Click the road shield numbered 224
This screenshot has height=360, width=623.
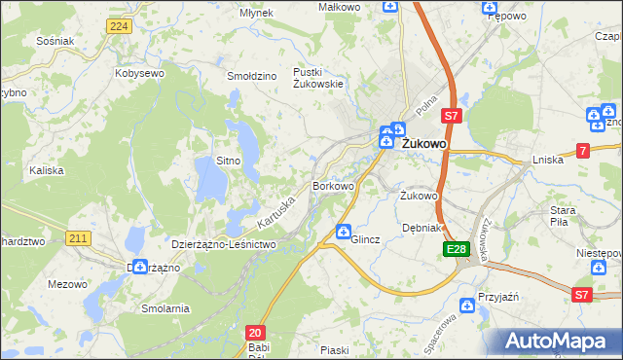point(119,26)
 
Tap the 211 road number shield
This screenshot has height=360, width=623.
point(79,238)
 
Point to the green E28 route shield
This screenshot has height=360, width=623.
point(458,250)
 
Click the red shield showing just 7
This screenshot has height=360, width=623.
point(582,150)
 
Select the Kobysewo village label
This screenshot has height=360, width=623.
point(138,73)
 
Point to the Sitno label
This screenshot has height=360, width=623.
point(228,159)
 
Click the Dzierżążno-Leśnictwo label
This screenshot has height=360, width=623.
point(224,244)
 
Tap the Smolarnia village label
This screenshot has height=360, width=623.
point(165,307)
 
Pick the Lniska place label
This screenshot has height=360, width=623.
point(548,160)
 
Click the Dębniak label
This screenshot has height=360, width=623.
point(422,228)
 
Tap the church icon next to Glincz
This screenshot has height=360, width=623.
point(344,232)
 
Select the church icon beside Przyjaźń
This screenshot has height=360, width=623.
point(468,307)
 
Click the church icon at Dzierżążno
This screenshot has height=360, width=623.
point(140,266)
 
